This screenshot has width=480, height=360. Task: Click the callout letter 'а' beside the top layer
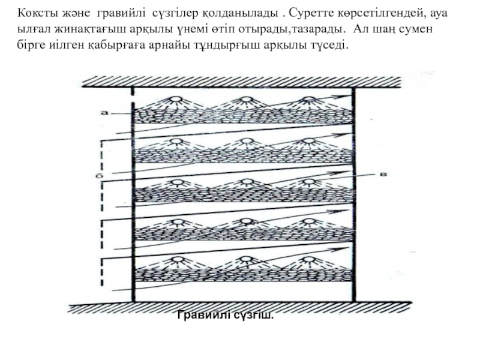(x=104, y=112)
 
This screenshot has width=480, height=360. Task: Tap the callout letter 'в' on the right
(x=382, y=174)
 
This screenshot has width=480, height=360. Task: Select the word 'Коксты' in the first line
(x=34, y=13)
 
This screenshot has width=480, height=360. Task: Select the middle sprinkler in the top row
(x=244, y=100)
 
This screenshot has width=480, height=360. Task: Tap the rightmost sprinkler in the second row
(x=309, y=142)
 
